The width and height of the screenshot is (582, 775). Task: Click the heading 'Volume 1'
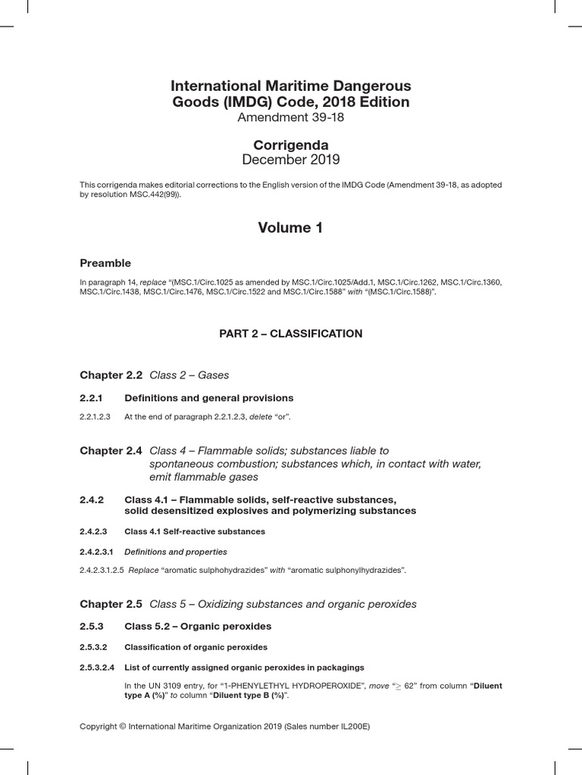click(290, 228)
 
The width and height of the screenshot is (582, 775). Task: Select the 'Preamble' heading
click(105, 263)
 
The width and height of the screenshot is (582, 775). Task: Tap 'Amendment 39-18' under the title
click(290, 117)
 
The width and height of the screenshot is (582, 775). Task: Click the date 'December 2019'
click(290, 160)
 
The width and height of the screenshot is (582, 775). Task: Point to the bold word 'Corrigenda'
click(290, 145)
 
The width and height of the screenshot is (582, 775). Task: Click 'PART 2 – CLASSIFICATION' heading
click(290, 334)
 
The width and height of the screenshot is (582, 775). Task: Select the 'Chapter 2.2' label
click(111, 375)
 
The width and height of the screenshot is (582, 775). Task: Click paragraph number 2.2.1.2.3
click(95, 417)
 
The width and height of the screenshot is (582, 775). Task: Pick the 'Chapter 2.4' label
click(111, 451)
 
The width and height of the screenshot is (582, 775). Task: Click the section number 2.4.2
click(91, 500)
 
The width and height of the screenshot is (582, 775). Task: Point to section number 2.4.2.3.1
click(96, 552)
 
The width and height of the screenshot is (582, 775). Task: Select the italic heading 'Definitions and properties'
click(175, 552)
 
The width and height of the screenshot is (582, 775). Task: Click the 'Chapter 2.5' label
click(111, 604)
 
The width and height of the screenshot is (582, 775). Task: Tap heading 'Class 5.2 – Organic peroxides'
click(197, 627)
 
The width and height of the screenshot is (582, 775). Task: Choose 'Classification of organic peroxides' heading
click(196, 647)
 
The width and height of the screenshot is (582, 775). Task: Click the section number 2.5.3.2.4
click(97, 668)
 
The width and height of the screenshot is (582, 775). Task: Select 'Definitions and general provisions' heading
click(208, 398)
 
